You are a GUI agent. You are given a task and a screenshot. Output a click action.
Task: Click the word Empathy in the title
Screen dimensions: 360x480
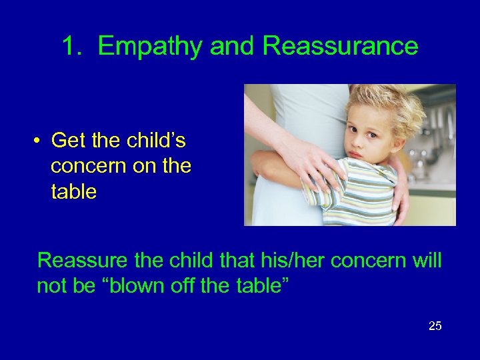pyautogui.click(x=151, y=47)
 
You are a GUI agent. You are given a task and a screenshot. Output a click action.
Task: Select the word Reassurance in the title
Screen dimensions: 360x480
pyautogui.click(x=340, y=47)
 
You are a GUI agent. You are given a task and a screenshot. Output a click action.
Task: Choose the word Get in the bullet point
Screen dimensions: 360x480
pyautogui.click(x=68, y=141)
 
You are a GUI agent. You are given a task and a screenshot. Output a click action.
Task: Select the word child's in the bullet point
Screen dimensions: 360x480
pyautogui.click(x=155, y=141)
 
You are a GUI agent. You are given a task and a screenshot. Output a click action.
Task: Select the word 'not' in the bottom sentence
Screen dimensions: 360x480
pyautogui.click(x=51, y=286)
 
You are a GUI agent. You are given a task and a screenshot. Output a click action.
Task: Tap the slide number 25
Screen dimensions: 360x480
pyautogui.click(x=435, y=326)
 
